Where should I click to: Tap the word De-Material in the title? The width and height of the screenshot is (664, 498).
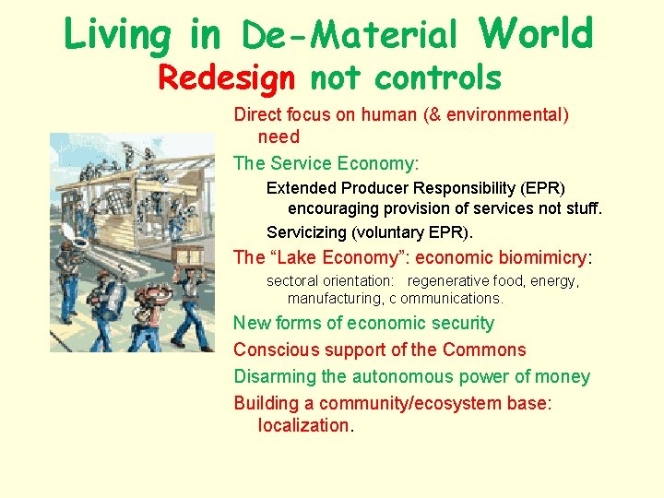[x=350, y=36]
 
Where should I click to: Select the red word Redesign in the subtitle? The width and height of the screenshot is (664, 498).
[x=226, y=78]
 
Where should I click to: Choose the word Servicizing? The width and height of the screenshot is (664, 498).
[x=308, y=231]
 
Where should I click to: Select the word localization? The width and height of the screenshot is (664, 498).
[x=303, y=425]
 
